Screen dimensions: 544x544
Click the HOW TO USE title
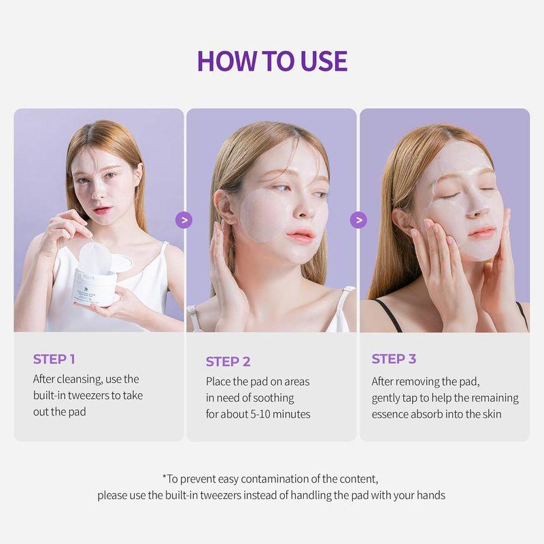click(272, 61)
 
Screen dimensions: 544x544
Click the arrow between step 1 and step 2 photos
click(184, 220)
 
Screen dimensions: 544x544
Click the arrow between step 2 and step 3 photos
click(358, 220)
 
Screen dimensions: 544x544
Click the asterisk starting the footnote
click(165, 479)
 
